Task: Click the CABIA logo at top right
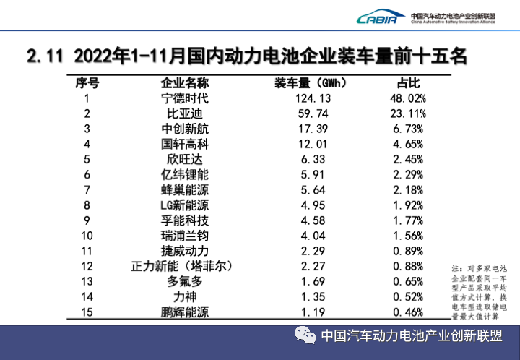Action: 377,17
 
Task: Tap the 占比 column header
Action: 409,82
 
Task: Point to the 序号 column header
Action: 87,82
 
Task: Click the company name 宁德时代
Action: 185,98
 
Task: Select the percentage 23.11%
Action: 409,113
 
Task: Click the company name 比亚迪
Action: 185,113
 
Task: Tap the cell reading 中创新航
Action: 185,129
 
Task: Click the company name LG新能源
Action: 185,205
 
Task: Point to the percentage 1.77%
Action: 409,220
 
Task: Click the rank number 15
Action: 87,312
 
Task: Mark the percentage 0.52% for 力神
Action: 409,296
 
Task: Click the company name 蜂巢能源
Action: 185,189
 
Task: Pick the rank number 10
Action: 87,235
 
